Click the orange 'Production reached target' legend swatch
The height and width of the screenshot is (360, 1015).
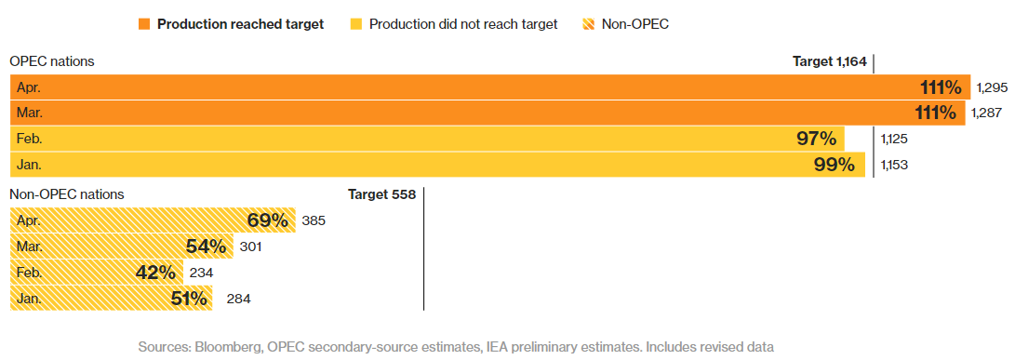coord(144,24)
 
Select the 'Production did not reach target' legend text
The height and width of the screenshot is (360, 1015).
coord(462,24)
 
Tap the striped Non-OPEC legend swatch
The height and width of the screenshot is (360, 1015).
coord(588,24)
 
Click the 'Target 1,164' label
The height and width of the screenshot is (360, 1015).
coord(829,61)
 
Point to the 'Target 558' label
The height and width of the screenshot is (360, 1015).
coord(382,194)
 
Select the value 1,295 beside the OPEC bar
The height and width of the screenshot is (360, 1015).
coord(993,87)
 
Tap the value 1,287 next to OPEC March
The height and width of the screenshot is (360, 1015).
coord(987,113)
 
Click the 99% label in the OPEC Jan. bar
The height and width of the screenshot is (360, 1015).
coord(835,165)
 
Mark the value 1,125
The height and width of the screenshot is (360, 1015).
coord(895,139)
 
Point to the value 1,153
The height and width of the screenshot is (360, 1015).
coord(895,165)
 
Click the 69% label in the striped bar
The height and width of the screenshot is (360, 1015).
coord(267,220)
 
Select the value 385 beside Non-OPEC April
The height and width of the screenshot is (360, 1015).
coord(314,220)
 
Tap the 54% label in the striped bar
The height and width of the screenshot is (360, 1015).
coord(206,247)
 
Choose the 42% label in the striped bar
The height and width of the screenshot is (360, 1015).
coord(155,273)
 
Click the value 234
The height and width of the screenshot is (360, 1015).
coord(201,273)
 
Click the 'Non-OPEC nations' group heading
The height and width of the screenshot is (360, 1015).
coord(67,194)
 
